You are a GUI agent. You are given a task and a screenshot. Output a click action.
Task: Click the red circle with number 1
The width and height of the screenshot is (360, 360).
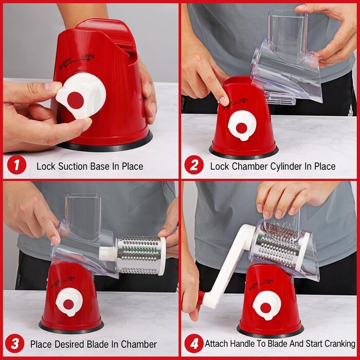click(x=17, y=165)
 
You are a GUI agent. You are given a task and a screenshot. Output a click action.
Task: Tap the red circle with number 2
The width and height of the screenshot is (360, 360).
click(x=194, y=165)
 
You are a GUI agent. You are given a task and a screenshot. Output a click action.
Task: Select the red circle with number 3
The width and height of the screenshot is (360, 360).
click(x=15, y=343)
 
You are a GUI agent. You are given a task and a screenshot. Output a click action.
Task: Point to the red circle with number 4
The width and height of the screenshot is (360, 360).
click(x=194, y=343)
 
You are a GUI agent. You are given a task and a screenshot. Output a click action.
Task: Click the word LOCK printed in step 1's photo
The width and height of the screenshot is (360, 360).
click(x=88, y=56)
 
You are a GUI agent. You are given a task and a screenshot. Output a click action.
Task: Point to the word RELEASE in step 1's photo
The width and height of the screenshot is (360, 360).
click(x=65, y=63)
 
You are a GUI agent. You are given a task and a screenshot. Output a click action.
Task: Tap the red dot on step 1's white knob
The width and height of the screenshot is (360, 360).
click(x=76, y=100)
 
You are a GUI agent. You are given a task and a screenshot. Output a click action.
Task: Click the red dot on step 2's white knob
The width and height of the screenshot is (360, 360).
click(x=241, y=128)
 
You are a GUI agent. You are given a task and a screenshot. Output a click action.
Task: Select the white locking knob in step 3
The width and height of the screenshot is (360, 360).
click(x=69, y=302)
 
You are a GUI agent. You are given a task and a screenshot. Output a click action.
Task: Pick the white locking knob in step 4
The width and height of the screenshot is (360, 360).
click(x=266, y=305)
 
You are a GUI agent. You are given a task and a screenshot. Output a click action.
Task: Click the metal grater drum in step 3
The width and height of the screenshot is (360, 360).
click(x=140, y=255)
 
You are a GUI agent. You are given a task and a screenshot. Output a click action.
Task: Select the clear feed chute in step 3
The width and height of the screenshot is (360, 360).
click(x=83, y=216)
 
